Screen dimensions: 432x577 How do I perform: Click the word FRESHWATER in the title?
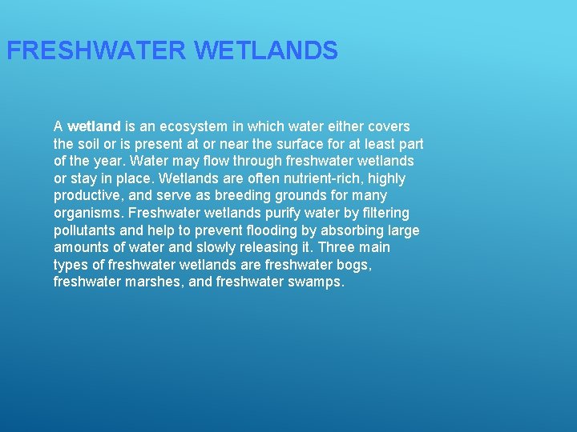(96, 51)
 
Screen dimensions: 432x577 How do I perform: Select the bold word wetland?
(95, 126)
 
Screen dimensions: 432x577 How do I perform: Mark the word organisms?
(87, 214)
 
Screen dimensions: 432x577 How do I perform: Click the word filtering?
(378, 214)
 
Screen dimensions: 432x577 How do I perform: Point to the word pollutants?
(85, 230)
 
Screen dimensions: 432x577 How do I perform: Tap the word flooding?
(245, 230)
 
